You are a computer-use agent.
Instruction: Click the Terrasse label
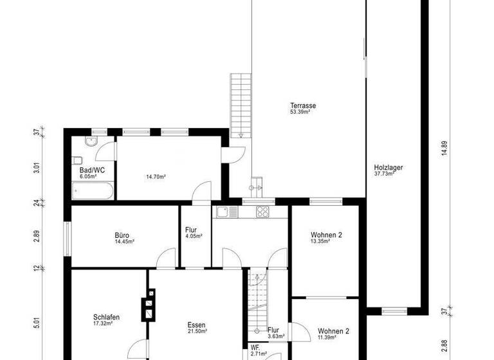coord(302,105)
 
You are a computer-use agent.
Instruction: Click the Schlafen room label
coord(106,318)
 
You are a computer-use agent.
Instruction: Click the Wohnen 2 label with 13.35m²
coord(326,235)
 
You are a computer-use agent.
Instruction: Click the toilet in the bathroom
coord(77,160)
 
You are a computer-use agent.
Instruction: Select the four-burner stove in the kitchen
coord(262,212)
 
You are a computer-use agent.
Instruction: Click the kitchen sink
coord(223,212)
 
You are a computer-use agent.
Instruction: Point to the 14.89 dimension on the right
coord(443,148)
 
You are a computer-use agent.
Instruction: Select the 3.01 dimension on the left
coord(37,168)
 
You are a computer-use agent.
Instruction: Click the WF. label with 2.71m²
coord(257,351)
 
